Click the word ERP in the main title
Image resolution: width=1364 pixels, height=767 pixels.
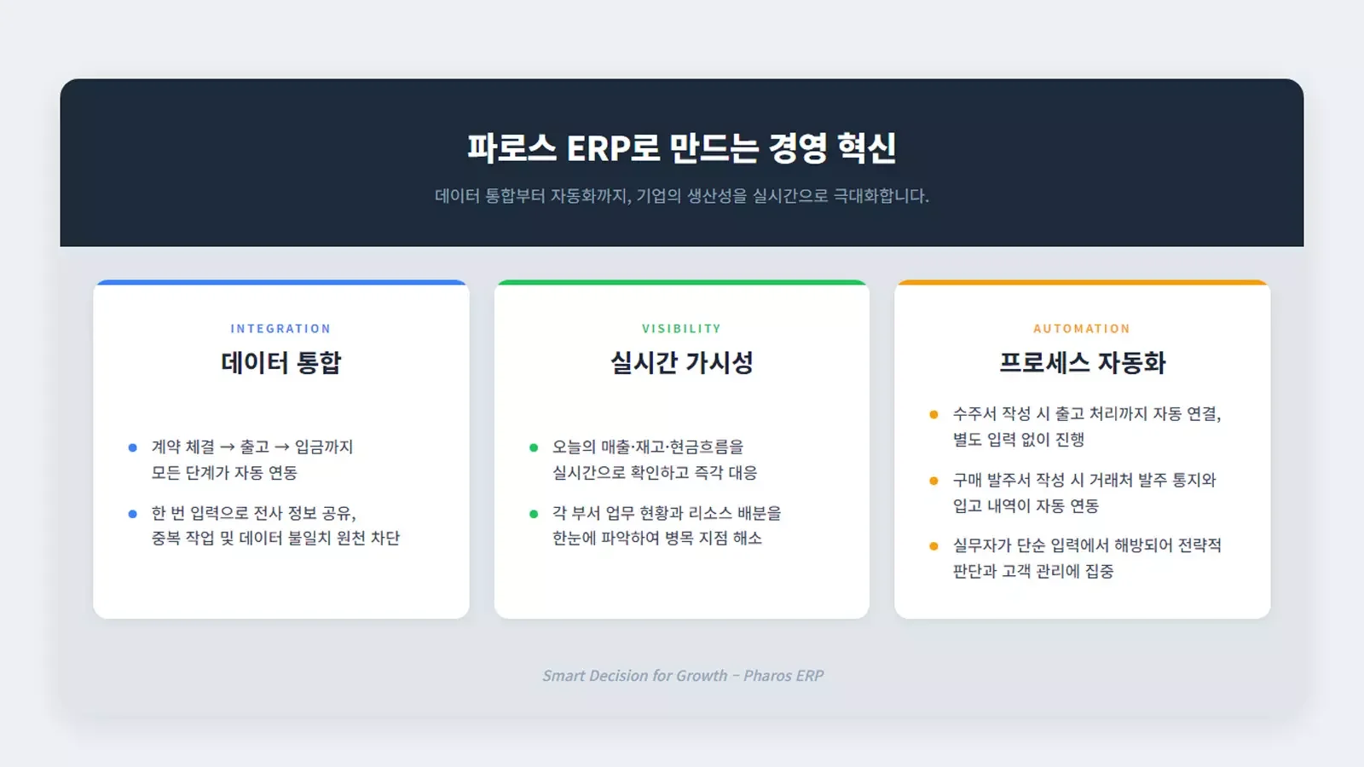tap(598, 148)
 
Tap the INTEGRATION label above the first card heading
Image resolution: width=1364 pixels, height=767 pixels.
tap(280, 329)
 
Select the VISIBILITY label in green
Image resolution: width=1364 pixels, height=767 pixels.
tap(681, 329)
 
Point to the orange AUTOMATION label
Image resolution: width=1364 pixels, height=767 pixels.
tap(1082, 329)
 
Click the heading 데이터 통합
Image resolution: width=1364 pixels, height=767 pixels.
tap(280, 363)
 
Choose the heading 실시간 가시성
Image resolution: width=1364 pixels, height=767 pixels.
tap(681, 363)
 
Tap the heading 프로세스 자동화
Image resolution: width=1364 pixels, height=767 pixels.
tap(1082, 363)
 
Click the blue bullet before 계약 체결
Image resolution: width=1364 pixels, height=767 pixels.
tap(133, 447)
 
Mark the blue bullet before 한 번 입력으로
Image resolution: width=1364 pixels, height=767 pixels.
tap(133, 514)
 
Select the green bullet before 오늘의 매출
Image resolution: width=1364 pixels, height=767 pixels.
tap(534, 447)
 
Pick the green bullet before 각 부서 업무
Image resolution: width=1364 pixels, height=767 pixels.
tap(534, 514)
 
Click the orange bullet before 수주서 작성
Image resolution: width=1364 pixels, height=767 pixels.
tap(933, 414)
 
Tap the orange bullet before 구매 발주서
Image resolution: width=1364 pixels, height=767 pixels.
tap(933, 481)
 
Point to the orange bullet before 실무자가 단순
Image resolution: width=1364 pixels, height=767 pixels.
tap(933, 546)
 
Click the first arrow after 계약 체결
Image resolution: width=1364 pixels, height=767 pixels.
tap(227, 447)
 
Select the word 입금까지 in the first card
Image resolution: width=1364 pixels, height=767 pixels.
tap(324, 447)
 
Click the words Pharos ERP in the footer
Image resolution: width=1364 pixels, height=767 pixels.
tap(783, 676)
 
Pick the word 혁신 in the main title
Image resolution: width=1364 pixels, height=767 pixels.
tap(866, 148)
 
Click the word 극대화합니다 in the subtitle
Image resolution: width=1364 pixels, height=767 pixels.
tap(881, 196)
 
